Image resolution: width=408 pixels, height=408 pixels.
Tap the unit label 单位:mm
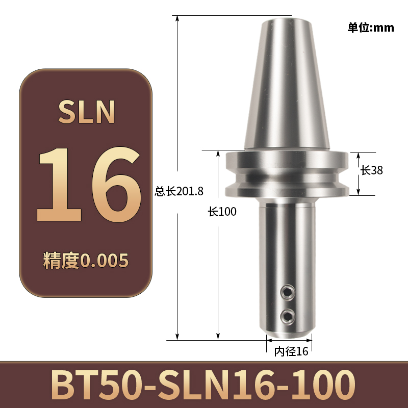(x=371, y=28)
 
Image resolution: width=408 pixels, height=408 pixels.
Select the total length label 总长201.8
(x=179, y=192)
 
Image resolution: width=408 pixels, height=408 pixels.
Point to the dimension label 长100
(x=222, y=212)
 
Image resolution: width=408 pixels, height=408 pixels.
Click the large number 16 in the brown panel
(x=86, y=184)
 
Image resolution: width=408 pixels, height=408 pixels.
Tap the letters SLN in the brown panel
(x=86, y=112)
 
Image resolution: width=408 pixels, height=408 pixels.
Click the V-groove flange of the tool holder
(x=287, y=174)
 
